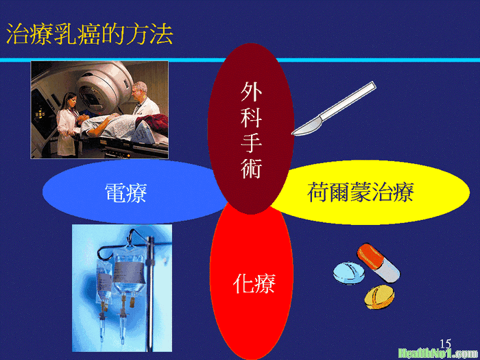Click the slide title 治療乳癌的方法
89,34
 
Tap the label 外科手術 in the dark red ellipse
251,130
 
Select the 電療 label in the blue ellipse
125,193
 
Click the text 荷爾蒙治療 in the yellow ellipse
361,192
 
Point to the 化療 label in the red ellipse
254,284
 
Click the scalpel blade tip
292,134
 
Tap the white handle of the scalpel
348,101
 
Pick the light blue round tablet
348,274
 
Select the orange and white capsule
379,263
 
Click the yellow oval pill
379,297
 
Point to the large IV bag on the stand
129,272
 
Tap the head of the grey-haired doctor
140,90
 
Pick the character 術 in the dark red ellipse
251,169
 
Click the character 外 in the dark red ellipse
251,91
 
